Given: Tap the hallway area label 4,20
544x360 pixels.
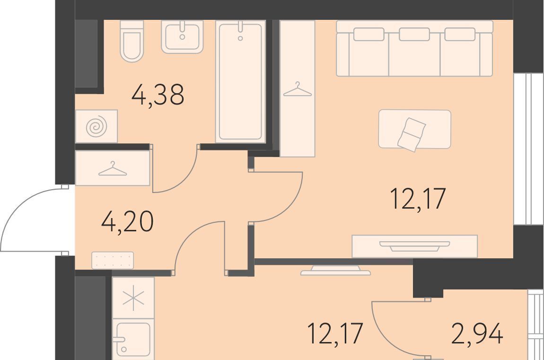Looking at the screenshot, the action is pos(127,222).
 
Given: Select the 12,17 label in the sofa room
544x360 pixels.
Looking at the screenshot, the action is pos(418,199).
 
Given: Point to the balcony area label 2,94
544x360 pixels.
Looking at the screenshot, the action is pos(477,334).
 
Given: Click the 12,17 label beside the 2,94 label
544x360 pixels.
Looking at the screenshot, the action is pos(335,334).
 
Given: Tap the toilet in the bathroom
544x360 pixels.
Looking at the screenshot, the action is pos(132,41).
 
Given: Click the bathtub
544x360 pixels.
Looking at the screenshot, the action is pos(240,81).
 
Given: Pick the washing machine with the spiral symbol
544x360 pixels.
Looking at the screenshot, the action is pos(97,126).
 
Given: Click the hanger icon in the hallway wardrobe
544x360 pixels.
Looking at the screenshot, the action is pos(113,169).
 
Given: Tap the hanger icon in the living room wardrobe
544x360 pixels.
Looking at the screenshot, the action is pos(298,89).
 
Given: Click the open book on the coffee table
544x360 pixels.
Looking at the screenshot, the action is pos(412,134).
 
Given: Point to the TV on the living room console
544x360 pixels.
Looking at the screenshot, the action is pos(414,246).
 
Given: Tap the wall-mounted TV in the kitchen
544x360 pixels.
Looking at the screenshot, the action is pos(335,270).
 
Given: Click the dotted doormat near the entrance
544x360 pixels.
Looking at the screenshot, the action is pos(113,260).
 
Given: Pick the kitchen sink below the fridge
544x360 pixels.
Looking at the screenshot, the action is pos(133,339).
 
